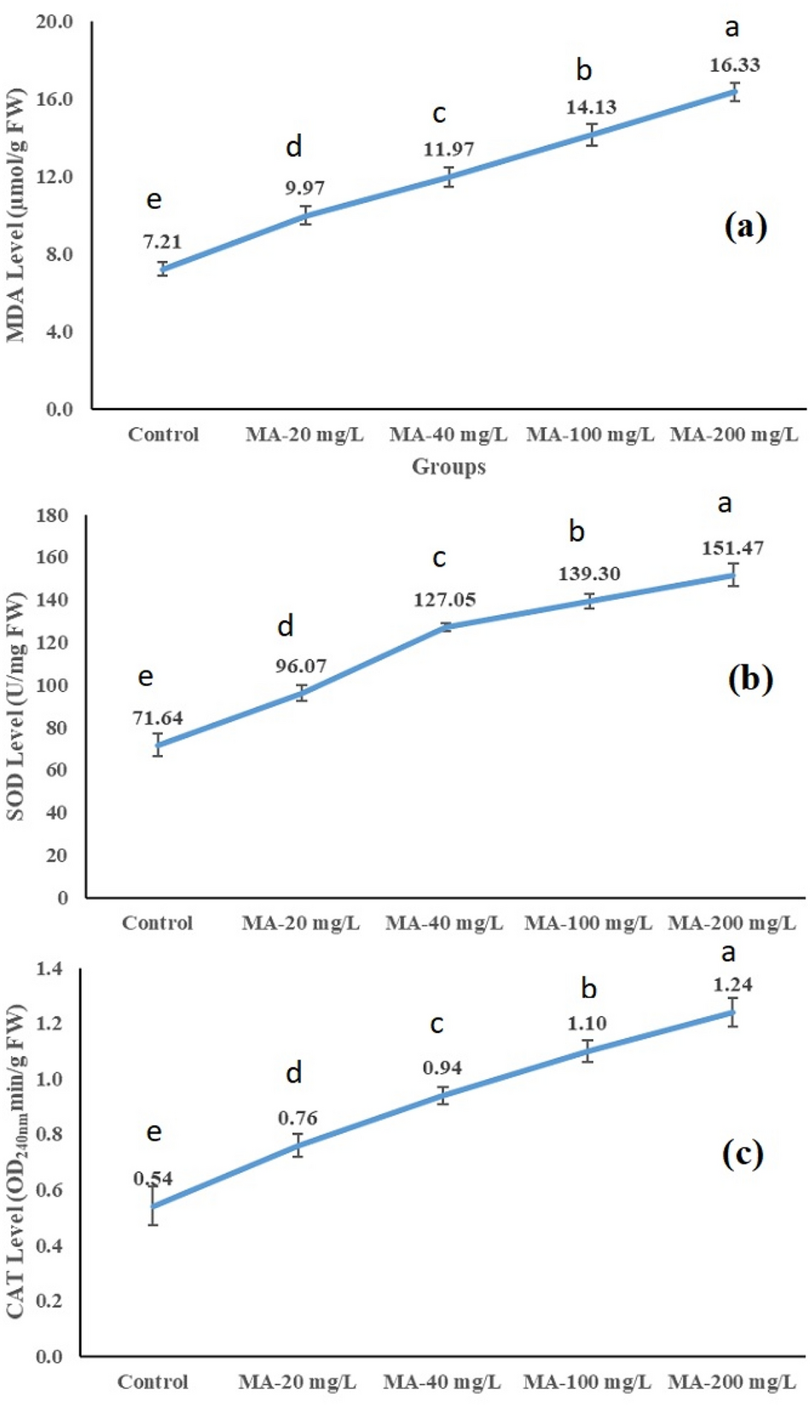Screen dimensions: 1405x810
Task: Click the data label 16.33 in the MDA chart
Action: point(734,65)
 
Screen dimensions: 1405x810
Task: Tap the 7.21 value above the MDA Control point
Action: point(162,242)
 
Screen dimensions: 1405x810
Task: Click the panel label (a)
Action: point(746,226)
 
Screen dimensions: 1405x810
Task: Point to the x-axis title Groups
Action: point(448,467)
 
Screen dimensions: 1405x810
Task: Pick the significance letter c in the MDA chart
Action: point(439,113)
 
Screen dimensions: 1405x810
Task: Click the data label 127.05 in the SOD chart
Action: point(444,600)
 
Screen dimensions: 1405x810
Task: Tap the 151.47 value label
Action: point(732,548)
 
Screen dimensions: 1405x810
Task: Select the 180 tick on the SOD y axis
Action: point(53,515)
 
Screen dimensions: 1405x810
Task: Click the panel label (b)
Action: point(750,678)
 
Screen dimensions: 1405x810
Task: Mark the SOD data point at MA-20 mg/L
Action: point(301,693)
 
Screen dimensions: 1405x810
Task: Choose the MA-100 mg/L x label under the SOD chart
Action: point(588,923)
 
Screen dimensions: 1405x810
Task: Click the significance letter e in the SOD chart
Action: point(146,677)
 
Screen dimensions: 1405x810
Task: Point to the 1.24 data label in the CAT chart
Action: point(732,984)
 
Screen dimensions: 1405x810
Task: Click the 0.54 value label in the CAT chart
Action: point(153,1179)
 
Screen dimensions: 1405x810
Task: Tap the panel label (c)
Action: point(743,1154)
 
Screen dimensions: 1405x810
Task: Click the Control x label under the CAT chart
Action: point(153,1381)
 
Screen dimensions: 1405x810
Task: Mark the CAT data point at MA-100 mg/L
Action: point(587,1050)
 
